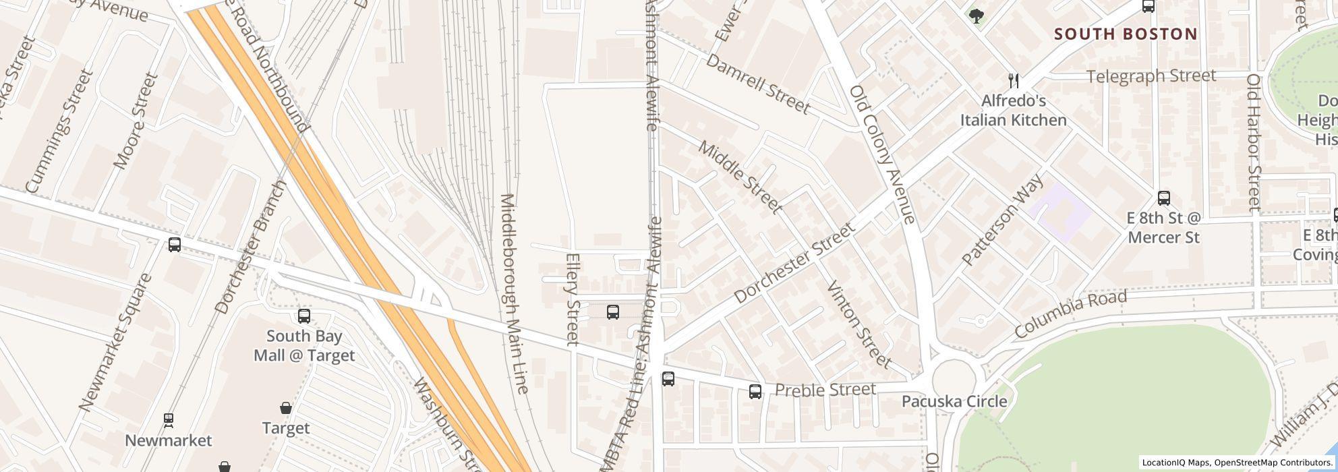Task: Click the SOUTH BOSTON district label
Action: pyautogui.click(x=1125, y=34)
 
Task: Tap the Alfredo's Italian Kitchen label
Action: pyautogui.click(x=1013, y=111)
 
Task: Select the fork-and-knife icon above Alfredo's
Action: pyautogui.click(x=1013, y=81)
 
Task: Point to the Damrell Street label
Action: pyautogui.click(x=757, y=84)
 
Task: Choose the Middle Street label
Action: pyautogui.click(x=740, y=177)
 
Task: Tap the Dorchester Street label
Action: pyautogui.click(x=794, y=262)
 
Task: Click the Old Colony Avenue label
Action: pyautogui.click(x=881, y=154)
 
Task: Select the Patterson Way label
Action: pyautogui.click(x=1002, y=220)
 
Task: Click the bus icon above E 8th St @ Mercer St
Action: pyautogui.click(x=1163, y=198)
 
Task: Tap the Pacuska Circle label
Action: pyautogui.click(x=954, y=401)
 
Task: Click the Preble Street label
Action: pyautogui.click(x=825, y=390)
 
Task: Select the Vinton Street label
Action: pyautogui.click(x=859, y=324)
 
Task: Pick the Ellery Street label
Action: pyautogui.click(x=573, y=299)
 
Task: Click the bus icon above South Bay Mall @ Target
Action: pyautogui.click(x=304, y=316)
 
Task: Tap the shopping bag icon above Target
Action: pyautogui.click(x=286, y=408)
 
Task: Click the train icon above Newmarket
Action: pyautogui.click(x=169, y=420)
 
